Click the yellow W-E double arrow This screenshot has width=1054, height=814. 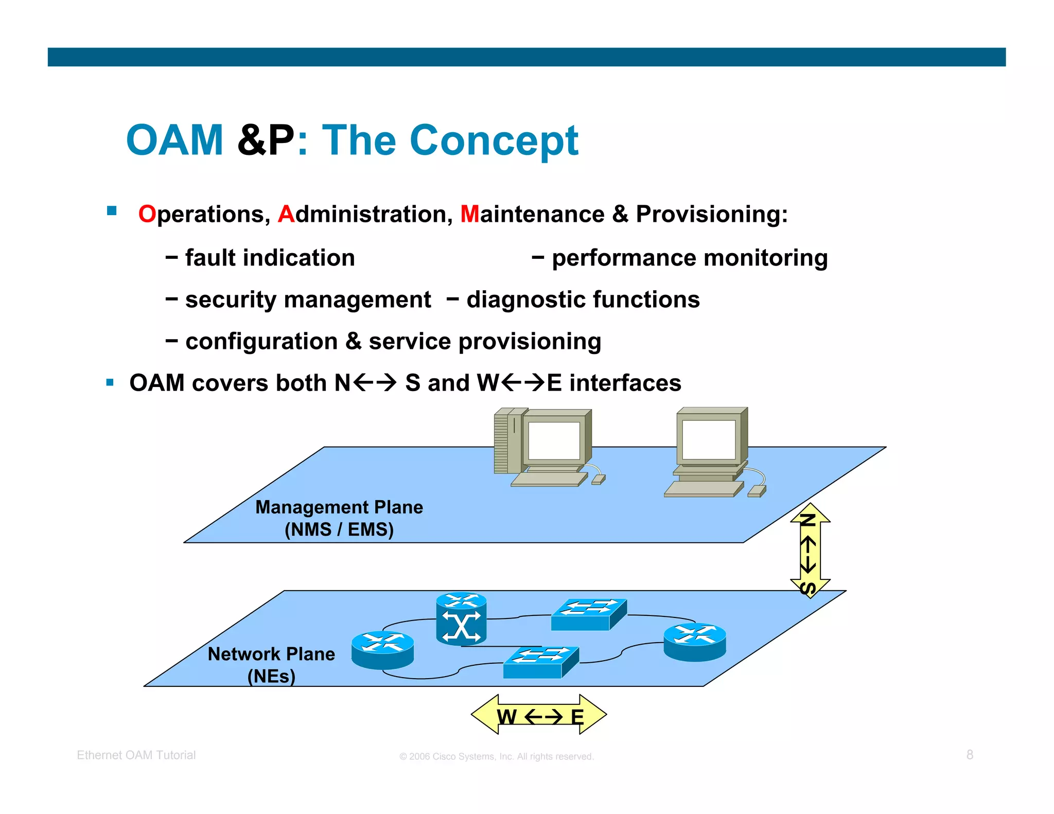(x=539, y=715)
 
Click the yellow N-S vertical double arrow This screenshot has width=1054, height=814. (x=810, y=550)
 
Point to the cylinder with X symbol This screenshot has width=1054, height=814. (x=461, y=619)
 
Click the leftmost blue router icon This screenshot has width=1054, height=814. (x=382, y=650)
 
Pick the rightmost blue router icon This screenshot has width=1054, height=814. (x=695, y=642)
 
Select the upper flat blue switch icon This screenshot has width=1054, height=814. (x=588, y=614)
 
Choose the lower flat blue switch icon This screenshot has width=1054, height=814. (x=540, y=662)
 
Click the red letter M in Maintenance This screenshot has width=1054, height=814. (x=469, y=214)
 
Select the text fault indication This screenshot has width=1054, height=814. (x=270, y=258)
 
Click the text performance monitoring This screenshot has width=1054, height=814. (x=689, y=258)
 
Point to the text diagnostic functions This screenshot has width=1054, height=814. (x=583, y=299)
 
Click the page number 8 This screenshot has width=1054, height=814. (x=970, y=754)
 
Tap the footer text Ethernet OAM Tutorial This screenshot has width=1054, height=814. (x=136, y=755)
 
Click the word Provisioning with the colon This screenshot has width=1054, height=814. (x=711, y=214)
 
